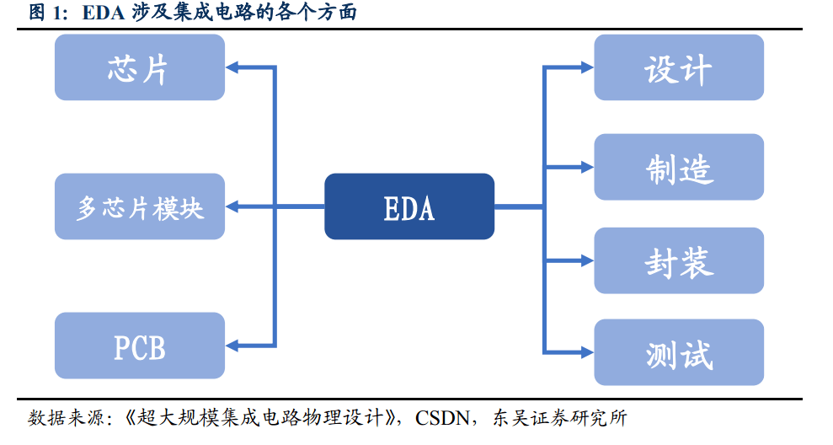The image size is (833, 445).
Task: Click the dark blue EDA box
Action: point(409,206)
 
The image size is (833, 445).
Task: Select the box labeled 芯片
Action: point(140,67)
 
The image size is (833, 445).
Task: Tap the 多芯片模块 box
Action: point(140,206)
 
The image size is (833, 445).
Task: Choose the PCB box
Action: point(140,346)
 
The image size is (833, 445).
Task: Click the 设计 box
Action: point(679,67)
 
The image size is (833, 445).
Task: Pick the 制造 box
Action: point(679,167)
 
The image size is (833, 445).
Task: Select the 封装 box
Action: point(679,260)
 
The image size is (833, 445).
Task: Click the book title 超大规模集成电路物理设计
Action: point(264,418)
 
